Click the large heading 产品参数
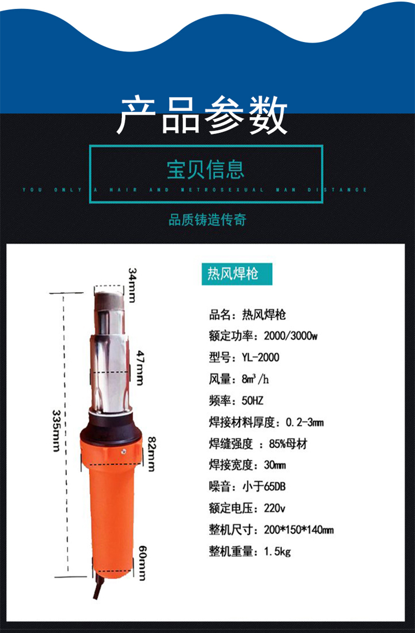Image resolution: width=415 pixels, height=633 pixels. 202,115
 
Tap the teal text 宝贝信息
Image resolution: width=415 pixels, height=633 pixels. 205,169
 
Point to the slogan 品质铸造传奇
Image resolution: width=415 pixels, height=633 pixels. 208,219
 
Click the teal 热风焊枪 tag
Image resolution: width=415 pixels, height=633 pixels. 237,274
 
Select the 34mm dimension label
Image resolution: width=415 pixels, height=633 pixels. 132,285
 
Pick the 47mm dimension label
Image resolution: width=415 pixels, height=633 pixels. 140,368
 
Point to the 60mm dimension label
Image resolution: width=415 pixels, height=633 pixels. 143,563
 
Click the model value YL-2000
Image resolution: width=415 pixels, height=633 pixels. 260,357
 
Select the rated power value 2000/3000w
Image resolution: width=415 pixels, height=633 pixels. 290,336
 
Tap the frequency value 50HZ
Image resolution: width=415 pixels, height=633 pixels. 253,401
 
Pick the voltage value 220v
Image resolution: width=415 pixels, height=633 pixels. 274,508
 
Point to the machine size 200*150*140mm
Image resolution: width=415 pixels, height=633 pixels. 299,530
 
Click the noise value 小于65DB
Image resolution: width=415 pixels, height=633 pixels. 264,487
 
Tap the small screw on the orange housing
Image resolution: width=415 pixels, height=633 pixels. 123,452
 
